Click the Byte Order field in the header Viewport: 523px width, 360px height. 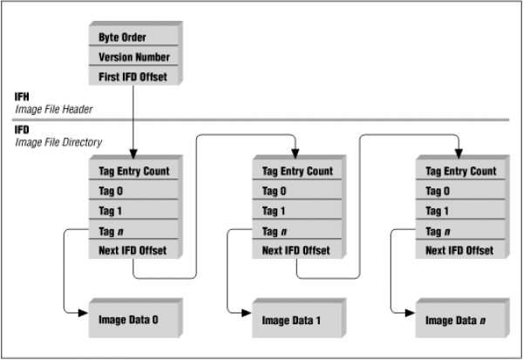pyautogui.click(x=133, y=36)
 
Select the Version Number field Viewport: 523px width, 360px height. pyautogui.click(x=133, y=56)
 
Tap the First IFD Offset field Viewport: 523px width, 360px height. pyautogui.click(x=133, y=76)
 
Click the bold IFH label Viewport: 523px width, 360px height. pyautogui.click(x=22, y=97)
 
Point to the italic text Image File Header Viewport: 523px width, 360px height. pyautogui.click(x=54, y=110)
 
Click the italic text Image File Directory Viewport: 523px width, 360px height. pyautogui.click(x=58, y=142)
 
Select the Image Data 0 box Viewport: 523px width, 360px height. pyautogui.click(x=133, y=320)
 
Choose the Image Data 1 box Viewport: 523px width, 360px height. pyautogui.click(x=297, y=320)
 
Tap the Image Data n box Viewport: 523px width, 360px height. pyautogui.click(x=460, y=320)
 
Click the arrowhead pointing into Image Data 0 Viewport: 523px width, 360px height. pyautogui.click(x=83, y=313)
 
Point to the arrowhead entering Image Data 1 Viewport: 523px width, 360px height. pyautogui.click(x=247, y=313)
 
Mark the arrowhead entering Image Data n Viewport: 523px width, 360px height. pyautogui.click(x=410, y=313)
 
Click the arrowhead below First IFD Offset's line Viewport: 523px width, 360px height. pyautogui.click(x=133, y=154)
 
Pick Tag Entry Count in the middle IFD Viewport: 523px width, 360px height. pyautogui.click(x=297, y=170)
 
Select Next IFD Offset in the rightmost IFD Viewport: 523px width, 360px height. pyautogui.click(x=460, y=249)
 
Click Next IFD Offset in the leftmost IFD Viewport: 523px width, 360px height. pyautogui.click(x=133, y=249)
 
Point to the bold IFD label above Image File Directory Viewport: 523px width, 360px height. pyautogui.click(x=22, y=130)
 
